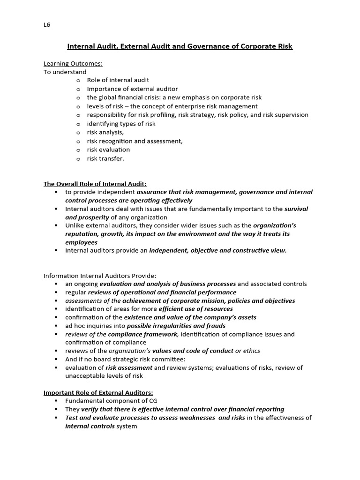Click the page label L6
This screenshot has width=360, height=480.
point(46,25)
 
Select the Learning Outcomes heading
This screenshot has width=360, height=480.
point(73,63)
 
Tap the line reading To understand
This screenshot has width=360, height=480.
point(65,72)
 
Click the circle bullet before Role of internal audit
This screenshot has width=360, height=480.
point(78,81)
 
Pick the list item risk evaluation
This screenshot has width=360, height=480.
point(108,150)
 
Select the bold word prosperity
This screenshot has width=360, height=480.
point(95,217)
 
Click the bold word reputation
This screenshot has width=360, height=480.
point(82,234)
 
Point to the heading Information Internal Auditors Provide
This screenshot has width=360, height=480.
point(100,275)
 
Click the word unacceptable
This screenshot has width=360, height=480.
point(84,376)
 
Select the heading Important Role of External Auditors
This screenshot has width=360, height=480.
point(98,392)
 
